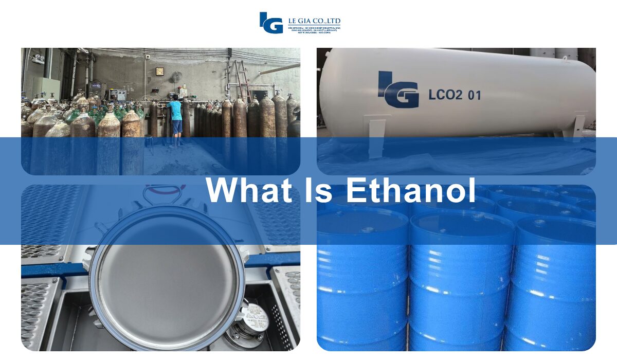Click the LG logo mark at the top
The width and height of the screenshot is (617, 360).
tap(271, 23)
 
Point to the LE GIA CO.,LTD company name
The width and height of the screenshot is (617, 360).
tap(314, 21)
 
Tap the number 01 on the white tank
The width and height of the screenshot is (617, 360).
tap(474, 95)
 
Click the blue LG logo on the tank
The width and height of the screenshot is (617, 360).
tap(398, 89)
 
